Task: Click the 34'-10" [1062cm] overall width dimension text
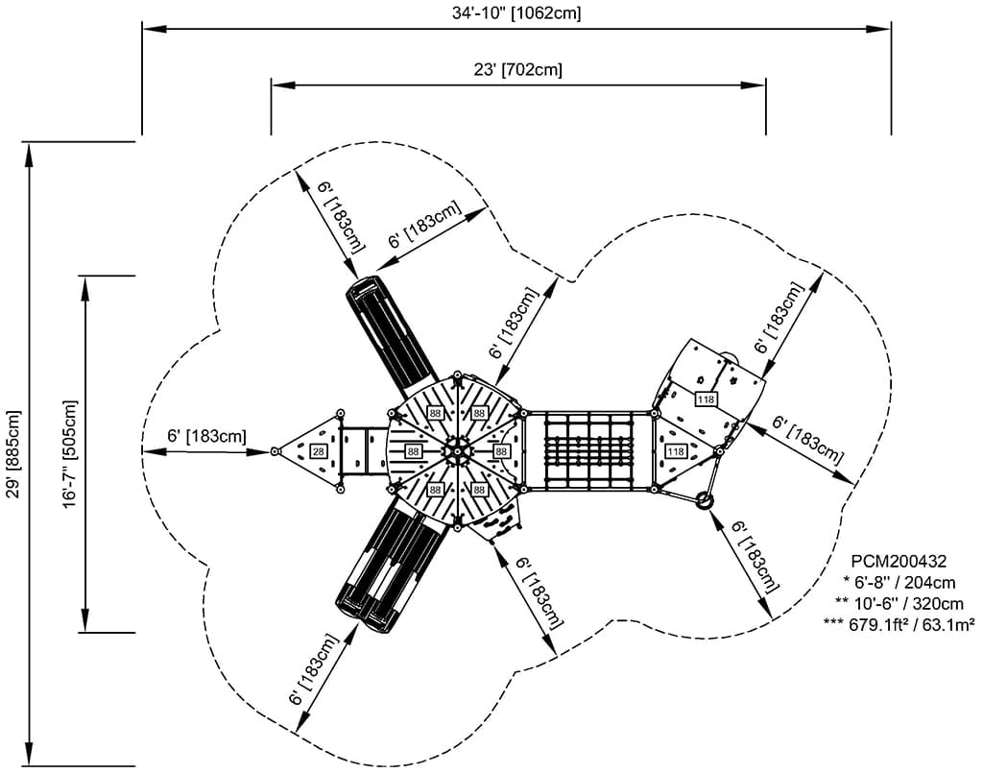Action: click(x=516, y=12)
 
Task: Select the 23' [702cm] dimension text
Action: click(x=517, y=69)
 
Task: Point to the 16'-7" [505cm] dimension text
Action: click(x=70, y=453)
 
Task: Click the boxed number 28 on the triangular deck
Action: click(x=319, y=450)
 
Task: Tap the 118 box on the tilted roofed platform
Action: click(x=707, y=399)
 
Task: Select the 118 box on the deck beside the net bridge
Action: click(x=676, y=451)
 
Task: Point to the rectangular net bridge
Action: click(x=588, y=450)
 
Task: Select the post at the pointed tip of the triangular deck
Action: click(x=276, y=450)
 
